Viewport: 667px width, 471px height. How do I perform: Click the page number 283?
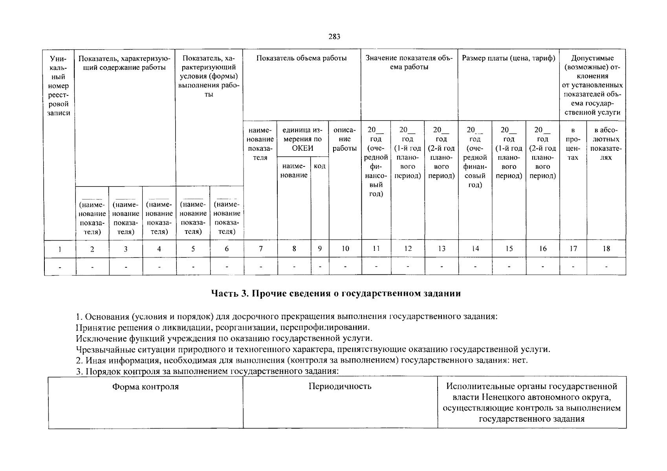[x=334, y=37]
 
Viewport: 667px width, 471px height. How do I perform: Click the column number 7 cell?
[x=260, y=249]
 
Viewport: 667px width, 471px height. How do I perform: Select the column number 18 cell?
[x=606, y=249]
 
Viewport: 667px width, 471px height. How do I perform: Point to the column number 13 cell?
[x=442, y=249]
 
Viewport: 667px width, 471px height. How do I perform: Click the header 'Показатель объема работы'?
[x=301, y=58]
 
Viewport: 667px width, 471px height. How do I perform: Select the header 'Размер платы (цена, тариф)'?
[x=508, y=58]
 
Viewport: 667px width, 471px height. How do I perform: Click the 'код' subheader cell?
[x=320, y=166]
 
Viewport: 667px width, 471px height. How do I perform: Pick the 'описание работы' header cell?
[x=344, y=139]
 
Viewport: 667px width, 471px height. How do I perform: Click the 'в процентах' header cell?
[x=573, y=144]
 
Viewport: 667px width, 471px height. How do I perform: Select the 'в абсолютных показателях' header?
[x=606, y=144]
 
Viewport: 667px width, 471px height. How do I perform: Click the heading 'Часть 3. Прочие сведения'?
[x=335, y=294]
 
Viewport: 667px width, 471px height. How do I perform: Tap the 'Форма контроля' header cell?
[x=145, y=387]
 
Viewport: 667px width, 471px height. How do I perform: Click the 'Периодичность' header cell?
[x=340, y=387]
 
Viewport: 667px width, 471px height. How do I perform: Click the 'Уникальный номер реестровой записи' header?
[x=59, y=86]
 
